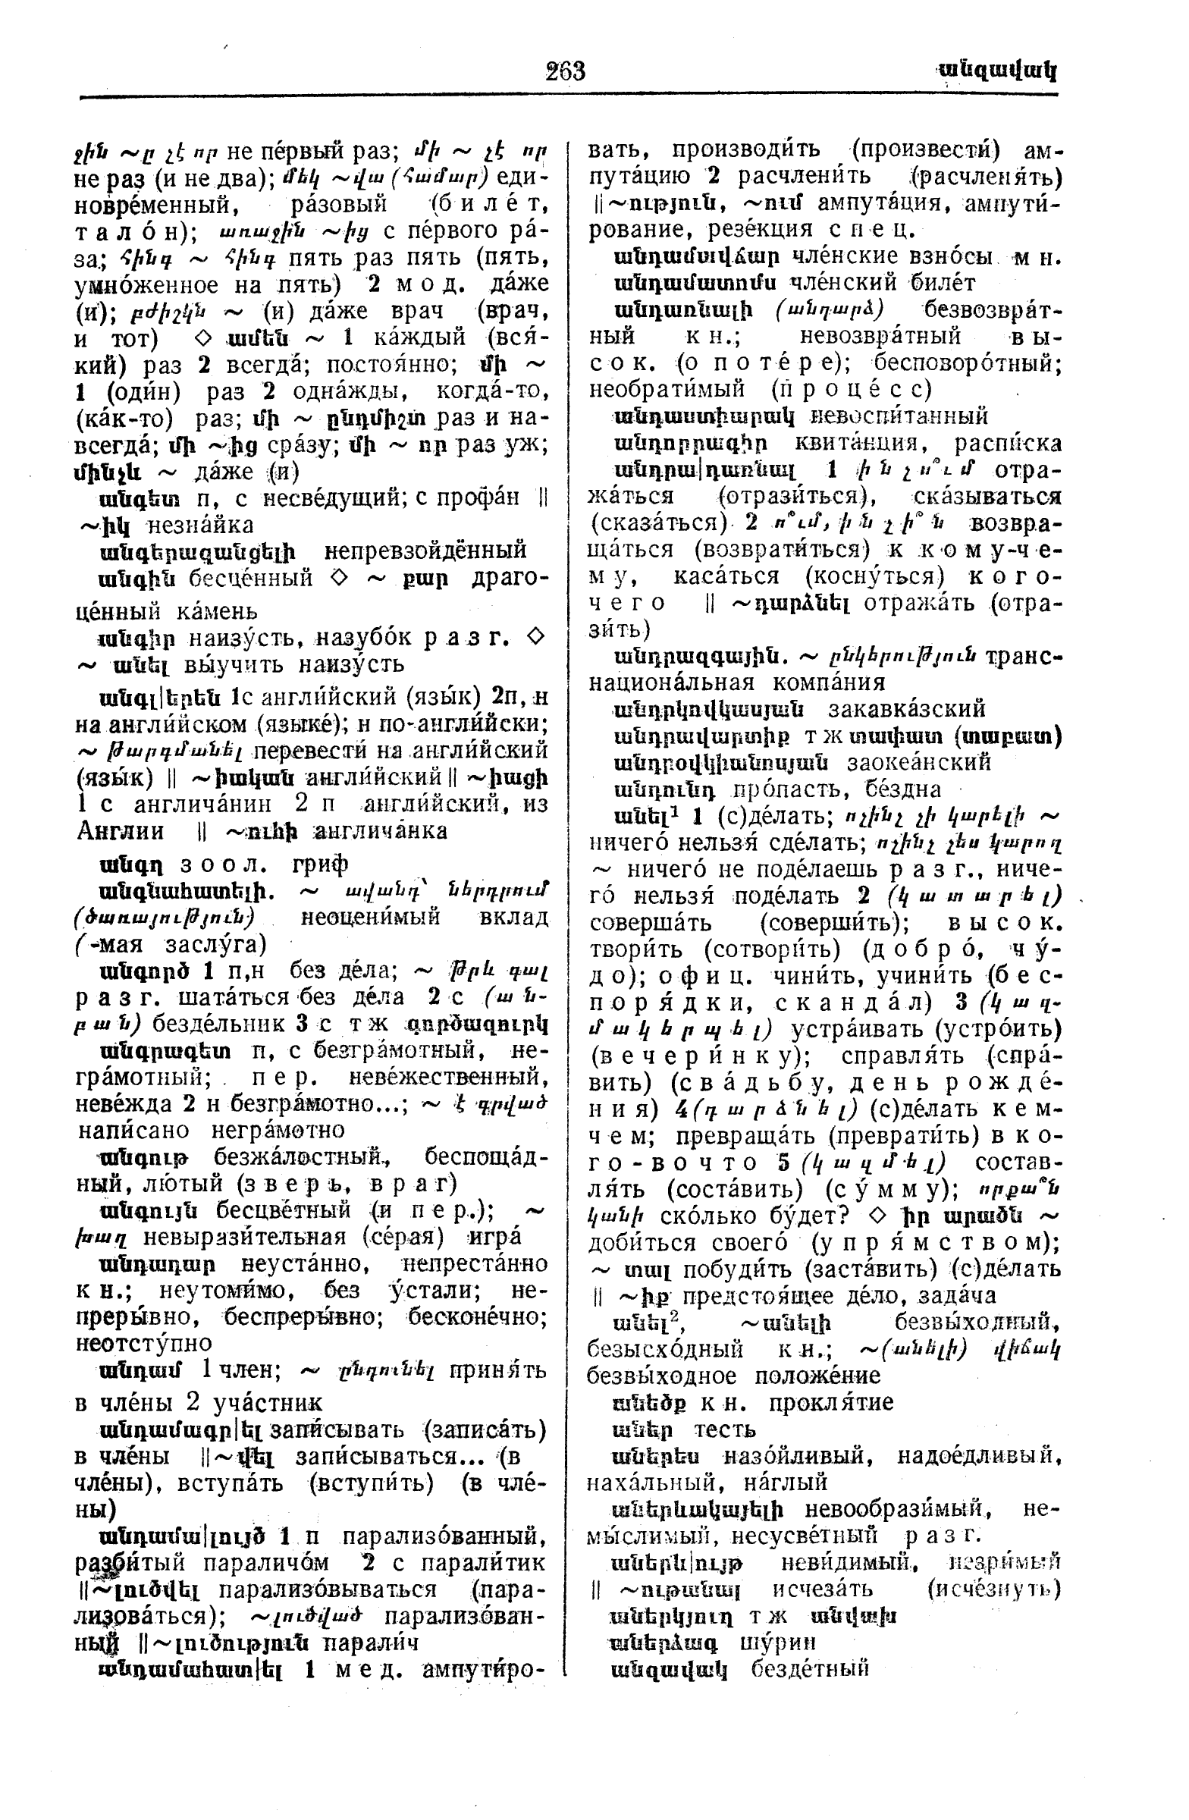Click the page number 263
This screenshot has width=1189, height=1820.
click(565, 71)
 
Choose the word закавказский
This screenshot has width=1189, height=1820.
click(907, 709)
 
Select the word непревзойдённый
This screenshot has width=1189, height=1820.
click(425, 551)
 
